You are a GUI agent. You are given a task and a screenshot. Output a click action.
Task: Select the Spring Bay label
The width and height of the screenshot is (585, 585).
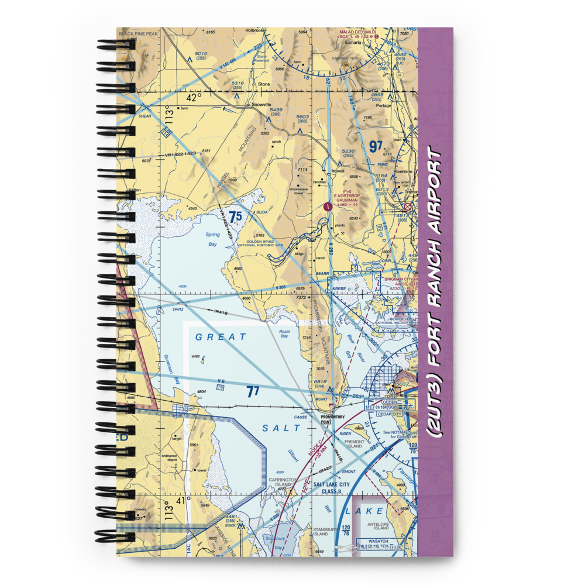(x=212, y=238)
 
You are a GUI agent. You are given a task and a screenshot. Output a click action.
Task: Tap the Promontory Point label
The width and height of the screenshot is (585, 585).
(x=332, y=419)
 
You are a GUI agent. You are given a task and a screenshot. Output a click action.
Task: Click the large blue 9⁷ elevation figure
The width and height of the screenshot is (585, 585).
(x=375, y=145)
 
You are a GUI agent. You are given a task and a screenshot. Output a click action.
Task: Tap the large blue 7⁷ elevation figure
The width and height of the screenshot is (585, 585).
(x=252, y=393)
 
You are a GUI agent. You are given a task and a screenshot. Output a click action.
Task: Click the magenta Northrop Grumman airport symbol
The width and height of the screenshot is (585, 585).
(x=328, y=206)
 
